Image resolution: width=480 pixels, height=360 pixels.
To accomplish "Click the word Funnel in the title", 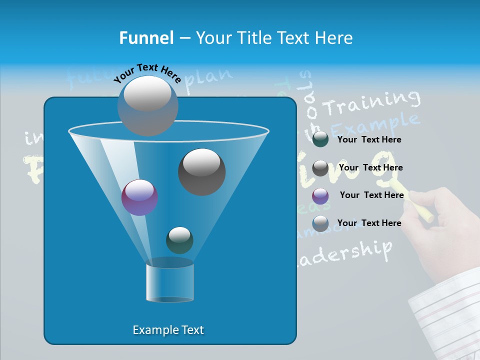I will click(146, 38).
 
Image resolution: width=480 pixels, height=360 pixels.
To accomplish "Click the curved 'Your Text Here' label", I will click(147, 72).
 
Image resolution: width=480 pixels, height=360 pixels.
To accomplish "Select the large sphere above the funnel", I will click(148, 105).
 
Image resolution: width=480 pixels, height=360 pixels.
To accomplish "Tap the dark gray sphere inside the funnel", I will click(201, 171).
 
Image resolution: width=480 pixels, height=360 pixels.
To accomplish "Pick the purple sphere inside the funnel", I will click(139, 197).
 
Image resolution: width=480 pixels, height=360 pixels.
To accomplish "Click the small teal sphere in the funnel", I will click(179, 240).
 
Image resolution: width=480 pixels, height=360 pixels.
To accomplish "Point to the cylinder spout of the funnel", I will click(170, 282).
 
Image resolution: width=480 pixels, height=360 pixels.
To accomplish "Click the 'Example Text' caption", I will click(168, 330).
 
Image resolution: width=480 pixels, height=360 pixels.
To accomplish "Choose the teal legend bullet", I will click(320, 139).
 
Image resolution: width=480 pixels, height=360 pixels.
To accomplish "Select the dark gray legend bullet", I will click(320, 167).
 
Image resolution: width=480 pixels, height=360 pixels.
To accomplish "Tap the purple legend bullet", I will click(320, 195).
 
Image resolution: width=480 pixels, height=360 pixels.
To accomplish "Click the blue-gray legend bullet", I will click(320, 223).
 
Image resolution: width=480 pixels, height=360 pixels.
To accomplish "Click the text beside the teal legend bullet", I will click(369, 140).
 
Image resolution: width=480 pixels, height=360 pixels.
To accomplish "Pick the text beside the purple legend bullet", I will click(371, 195).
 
